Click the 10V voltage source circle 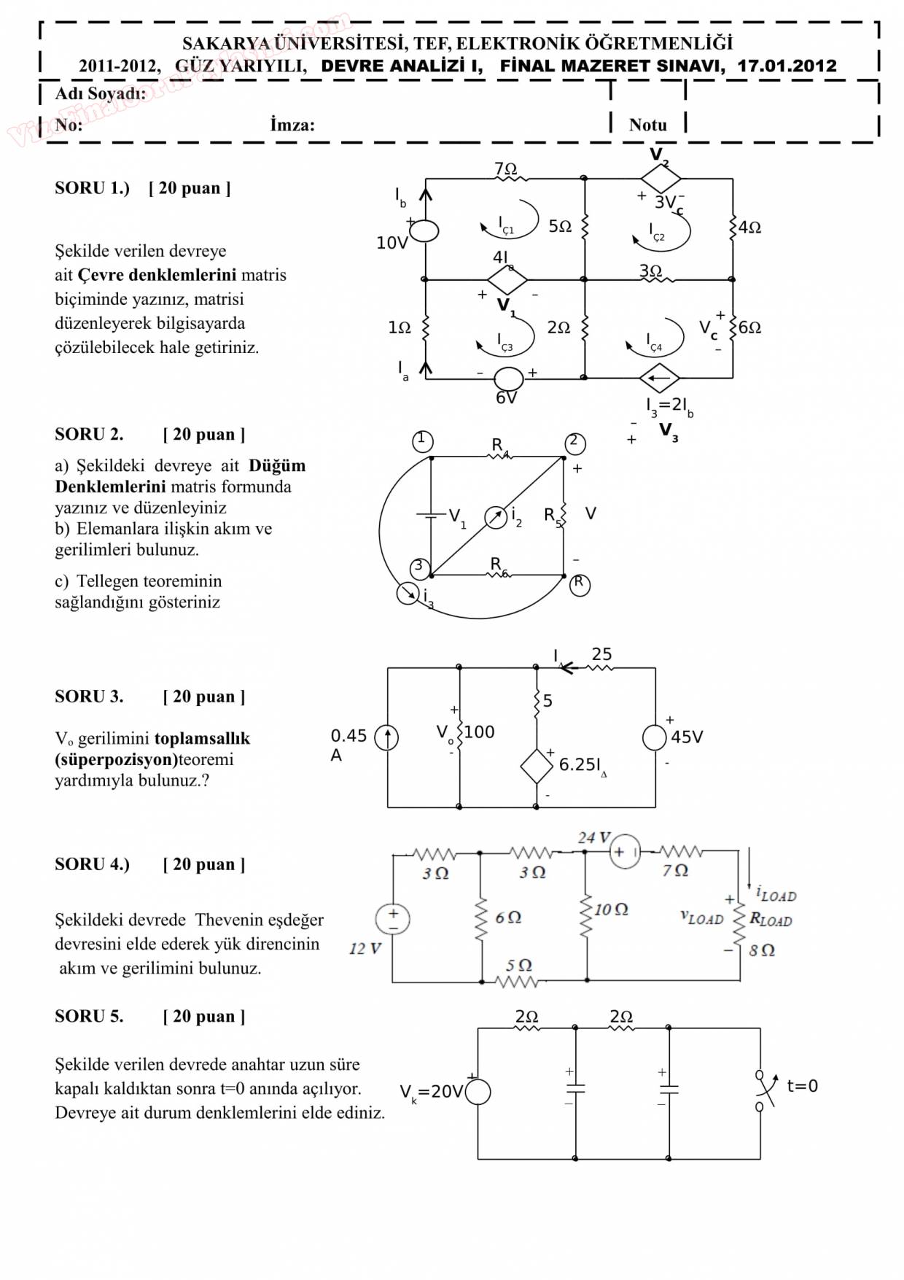click(425, 230)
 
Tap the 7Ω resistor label click(505, 168)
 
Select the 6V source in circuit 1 click(509, 379)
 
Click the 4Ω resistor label click(749, 228)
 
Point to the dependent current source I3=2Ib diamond click(660, 378)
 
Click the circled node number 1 click(422, 441)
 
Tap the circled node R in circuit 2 click(580, 584)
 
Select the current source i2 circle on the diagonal click(496, 517)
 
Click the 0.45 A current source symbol click(386, 737)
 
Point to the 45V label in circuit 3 click(687, 737)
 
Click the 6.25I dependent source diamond click(537, 766)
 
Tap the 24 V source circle click(625, 852)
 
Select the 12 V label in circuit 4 click(365, 948)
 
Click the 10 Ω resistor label click(611, 909)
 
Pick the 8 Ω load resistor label click(762, 950)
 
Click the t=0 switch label click(802, 1086)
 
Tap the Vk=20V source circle click(478, 1092)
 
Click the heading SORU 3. click(89, 697)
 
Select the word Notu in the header click(647, 125)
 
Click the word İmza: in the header click(292, 125)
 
